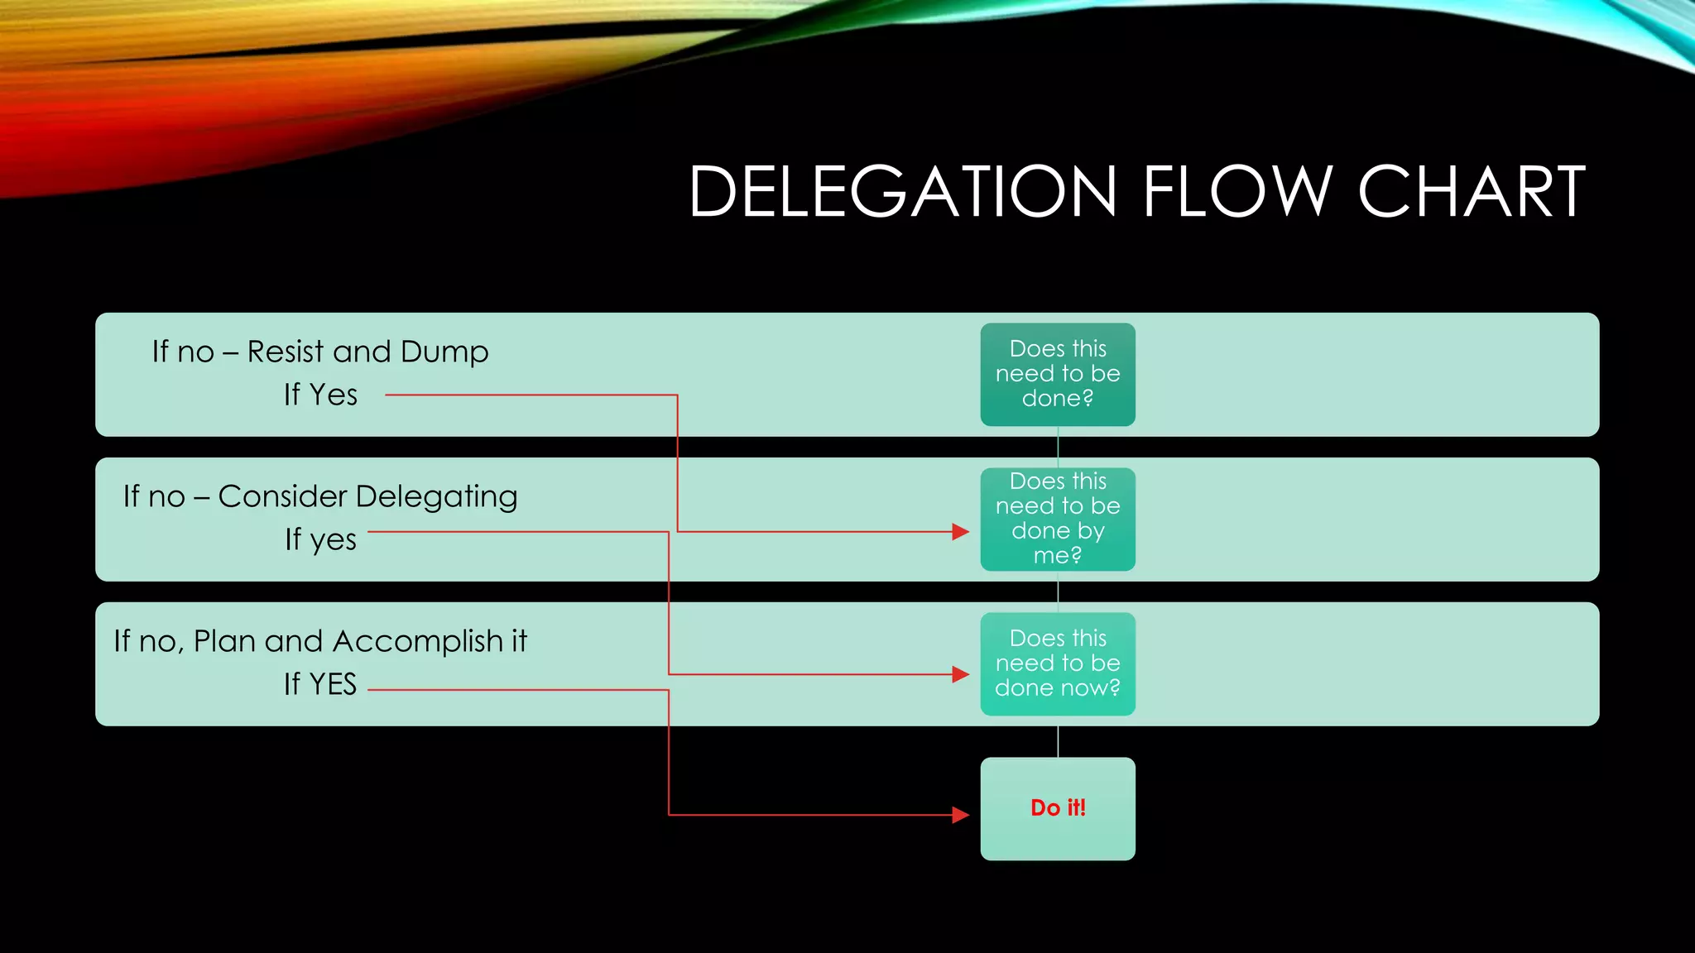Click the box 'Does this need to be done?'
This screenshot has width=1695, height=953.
1057,374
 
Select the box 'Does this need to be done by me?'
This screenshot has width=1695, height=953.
1057,519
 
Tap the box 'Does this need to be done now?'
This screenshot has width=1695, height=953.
1057,663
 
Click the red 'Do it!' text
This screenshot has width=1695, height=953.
1058,807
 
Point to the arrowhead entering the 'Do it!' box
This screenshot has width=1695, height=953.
960,815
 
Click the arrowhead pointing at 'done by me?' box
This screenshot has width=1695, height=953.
960,531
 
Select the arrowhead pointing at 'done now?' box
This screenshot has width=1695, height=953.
960,674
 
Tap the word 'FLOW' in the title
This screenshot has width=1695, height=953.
1236,192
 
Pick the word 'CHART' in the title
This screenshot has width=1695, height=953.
1472,192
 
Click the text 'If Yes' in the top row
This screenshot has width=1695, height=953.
320,395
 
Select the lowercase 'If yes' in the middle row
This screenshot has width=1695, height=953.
320,539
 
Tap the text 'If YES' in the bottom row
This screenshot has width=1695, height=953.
320,684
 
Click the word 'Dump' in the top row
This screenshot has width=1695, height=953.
444,352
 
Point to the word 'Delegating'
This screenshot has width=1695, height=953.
436,496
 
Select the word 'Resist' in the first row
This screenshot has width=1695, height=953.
286,352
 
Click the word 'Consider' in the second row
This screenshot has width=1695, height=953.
282,496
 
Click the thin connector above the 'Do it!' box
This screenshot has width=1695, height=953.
1058,741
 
